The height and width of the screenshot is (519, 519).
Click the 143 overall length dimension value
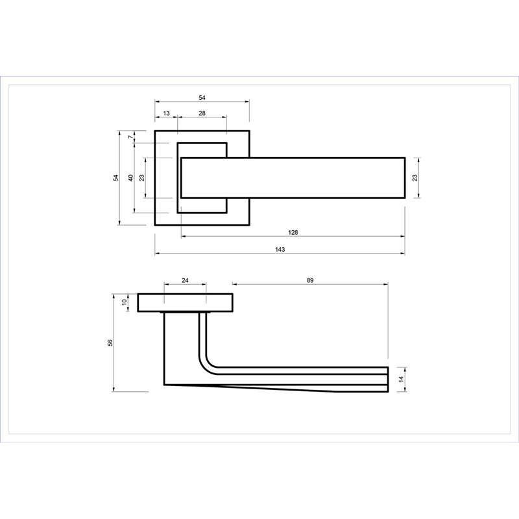280,249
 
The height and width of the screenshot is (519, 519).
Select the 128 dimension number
293,232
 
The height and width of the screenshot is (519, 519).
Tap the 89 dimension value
310,280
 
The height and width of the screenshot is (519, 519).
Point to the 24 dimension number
185,280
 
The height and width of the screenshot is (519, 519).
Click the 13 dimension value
166,113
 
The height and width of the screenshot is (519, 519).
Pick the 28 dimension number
202,113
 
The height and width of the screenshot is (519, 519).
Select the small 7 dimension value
131,136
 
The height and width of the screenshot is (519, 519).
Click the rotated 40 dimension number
131,178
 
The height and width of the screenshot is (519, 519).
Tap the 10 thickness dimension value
125,302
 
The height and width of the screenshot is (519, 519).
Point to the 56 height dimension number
110,343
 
